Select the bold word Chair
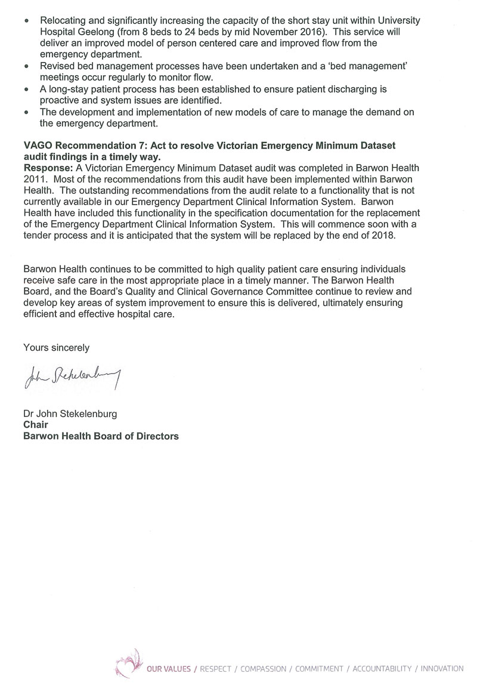click(35, 425)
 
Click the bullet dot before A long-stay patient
click(26, 89)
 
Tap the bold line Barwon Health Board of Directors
click(100, 436)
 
